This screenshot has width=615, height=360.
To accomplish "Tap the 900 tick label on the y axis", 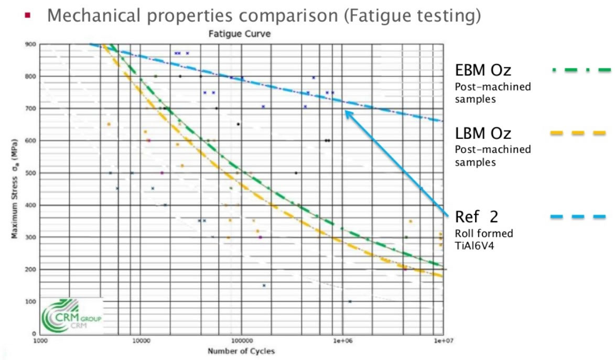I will [x=32, y=44].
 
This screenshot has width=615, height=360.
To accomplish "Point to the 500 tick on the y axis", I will [x=32, y=173].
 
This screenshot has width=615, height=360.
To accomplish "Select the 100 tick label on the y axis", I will [x=32, y=302].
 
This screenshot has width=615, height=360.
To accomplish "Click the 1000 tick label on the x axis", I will [x=41, y=340].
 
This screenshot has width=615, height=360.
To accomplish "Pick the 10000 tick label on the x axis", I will [x=141, y=340].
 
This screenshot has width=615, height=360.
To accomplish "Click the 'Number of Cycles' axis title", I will [x=241, y=351].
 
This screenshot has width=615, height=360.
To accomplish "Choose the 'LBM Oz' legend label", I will [x=483, y=133].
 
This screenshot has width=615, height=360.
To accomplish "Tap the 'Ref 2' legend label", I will [x=477, y=216].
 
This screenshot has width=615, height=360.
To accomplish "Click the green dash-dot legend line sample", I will [x=581, y=70].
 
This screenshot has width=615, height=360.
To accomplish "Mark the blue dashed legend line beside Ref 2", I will [x=578, y=216].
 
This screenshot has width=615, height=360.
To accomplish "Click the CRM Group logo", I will [x=71, y=316].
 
